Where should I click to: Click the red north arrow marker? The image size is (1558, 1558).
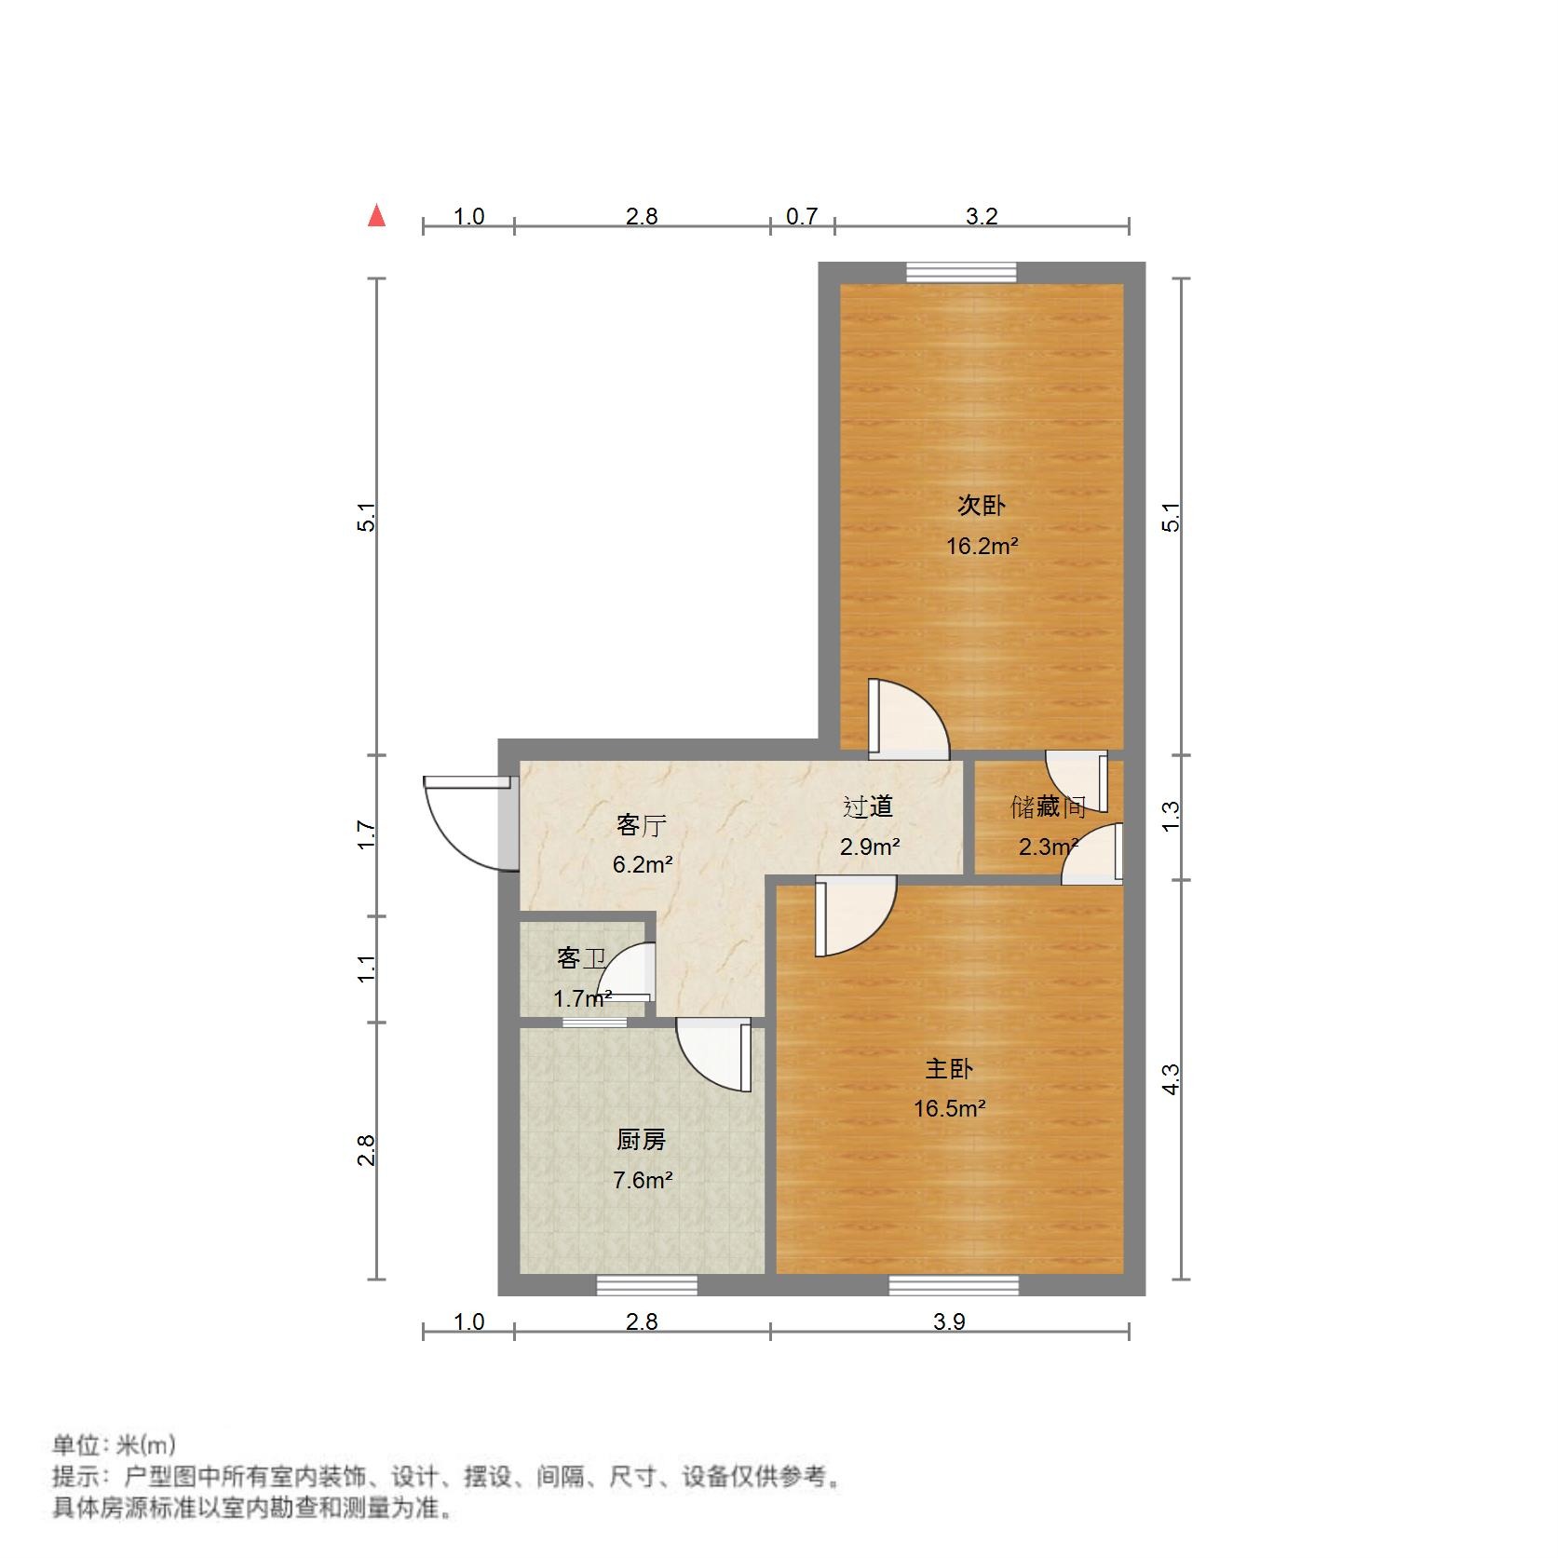point(376,216)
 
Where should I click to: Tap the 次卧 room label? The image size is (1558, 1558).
point(982,506)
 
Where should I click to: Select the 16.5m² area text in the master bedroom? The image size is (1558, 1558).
point(949,1108)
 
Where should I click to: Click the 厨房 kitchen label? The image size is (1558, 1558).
point(641,1140)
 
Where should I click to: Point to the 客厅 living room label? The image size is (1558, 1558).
point(641,825)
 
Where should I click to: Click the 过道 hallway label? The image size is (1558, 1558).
point(868,806)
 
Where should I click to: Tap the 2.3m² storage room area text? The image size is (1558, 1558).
point(1048,847)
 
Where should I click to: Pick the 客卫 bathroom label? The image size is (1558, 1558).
point(581,957)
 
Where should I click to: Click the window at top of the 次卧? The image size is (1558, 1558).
point(961,272)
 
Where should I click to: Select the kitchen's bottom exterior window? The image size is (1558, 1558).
point(646,1285)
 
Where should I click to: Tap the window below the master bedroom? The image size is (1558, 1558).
point(953,1285)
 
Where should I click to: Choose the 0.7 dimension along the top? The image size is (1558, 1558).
point(801,217)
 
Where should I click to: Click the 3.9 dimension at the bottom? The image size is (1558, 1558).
point(949,1321)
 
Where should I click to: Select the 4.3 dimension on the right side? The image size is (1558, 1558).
point(1171,1078)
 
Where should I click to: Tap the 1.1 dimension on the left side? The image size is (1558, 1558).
point(368,969)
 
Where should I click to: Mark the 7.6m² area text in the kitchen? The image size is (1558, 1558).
point(643,1180)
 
